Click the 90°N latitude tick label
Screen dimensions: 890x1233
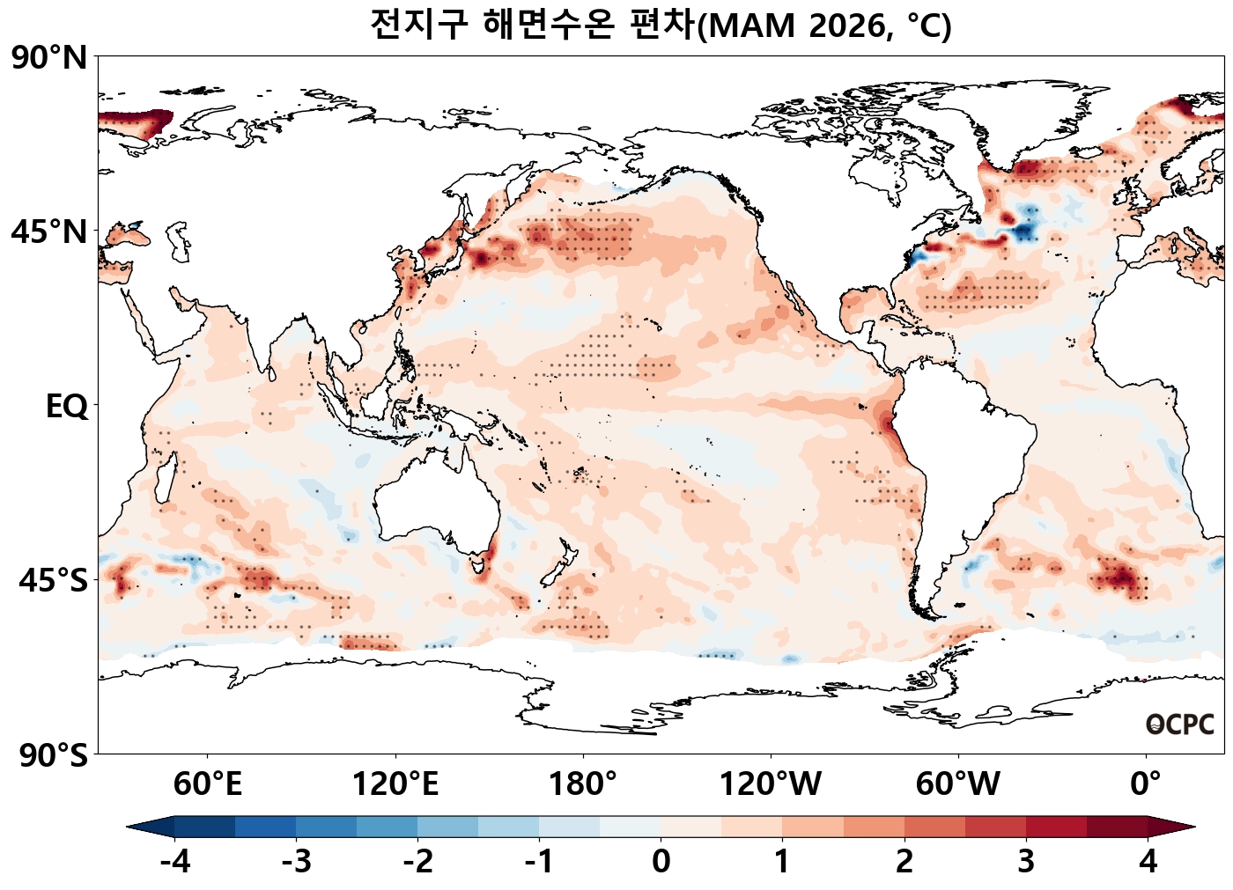point(49,58)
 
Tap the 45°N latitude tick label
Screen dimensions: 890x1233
point(49,232)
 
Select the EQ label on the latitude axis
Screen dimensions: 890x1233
point(67,407)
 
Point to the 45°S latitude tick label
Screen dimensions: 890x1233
point(53,581)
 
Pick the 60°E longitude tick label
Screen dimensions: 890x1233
point(208,783)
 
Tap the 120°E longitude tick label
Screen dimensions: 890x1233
point(395,783)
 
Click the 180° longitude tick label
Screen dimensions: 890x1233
point(583,783)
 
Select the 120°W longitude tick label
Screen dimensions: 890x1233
point(771,783)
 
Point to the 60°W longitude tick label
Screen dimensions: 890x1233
point(958,783)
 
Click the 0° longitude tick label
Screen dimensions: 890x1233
point(1146,783)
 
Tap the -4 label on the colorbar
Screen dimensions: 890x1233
point(174,861)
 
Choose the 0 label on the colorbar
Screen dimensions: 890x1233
point(661,861)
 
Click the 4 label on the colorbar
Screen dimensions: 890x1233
point(1148,861)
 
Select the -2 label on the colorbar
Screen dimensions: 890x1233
point(417,861)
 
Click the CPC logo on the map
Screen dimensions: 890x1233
point(1180,725)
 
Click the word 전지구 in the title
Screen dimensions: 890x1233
point(417,25)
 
